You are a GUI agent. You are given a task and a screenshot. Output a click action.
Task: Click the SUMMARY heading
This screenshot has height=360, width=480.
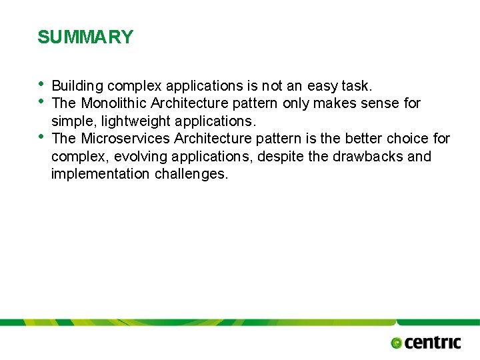[85, 37]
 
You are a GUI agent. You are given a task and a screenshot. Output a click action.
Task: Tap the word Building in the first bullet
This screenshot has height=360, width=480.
[77, 86]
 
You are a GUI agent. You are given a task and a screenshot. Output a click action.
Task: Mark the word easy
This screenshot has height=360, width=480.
[322, 86]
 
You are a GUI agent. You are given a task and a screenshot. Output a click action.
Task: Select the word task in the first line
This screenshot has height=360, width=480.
[357, 86]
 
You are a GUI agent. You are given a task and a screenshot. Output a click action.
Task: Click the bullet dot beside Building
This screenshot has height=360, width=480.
[41, 84]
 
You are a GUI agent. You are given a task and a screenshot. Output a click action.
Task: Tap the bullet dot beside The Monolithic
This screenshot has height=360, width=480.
[41, 101]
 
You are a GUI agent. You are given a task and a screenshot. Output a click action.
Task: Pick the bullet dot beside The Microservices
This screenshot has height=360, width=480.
[41, 137]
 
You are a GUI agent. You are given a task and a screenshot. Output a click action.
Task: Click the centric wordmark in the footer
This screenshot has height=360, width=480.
[433, 343]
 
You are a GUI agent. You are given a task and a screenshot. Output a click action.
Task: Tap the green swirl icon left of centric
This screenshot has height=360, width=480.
[397, 343]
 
